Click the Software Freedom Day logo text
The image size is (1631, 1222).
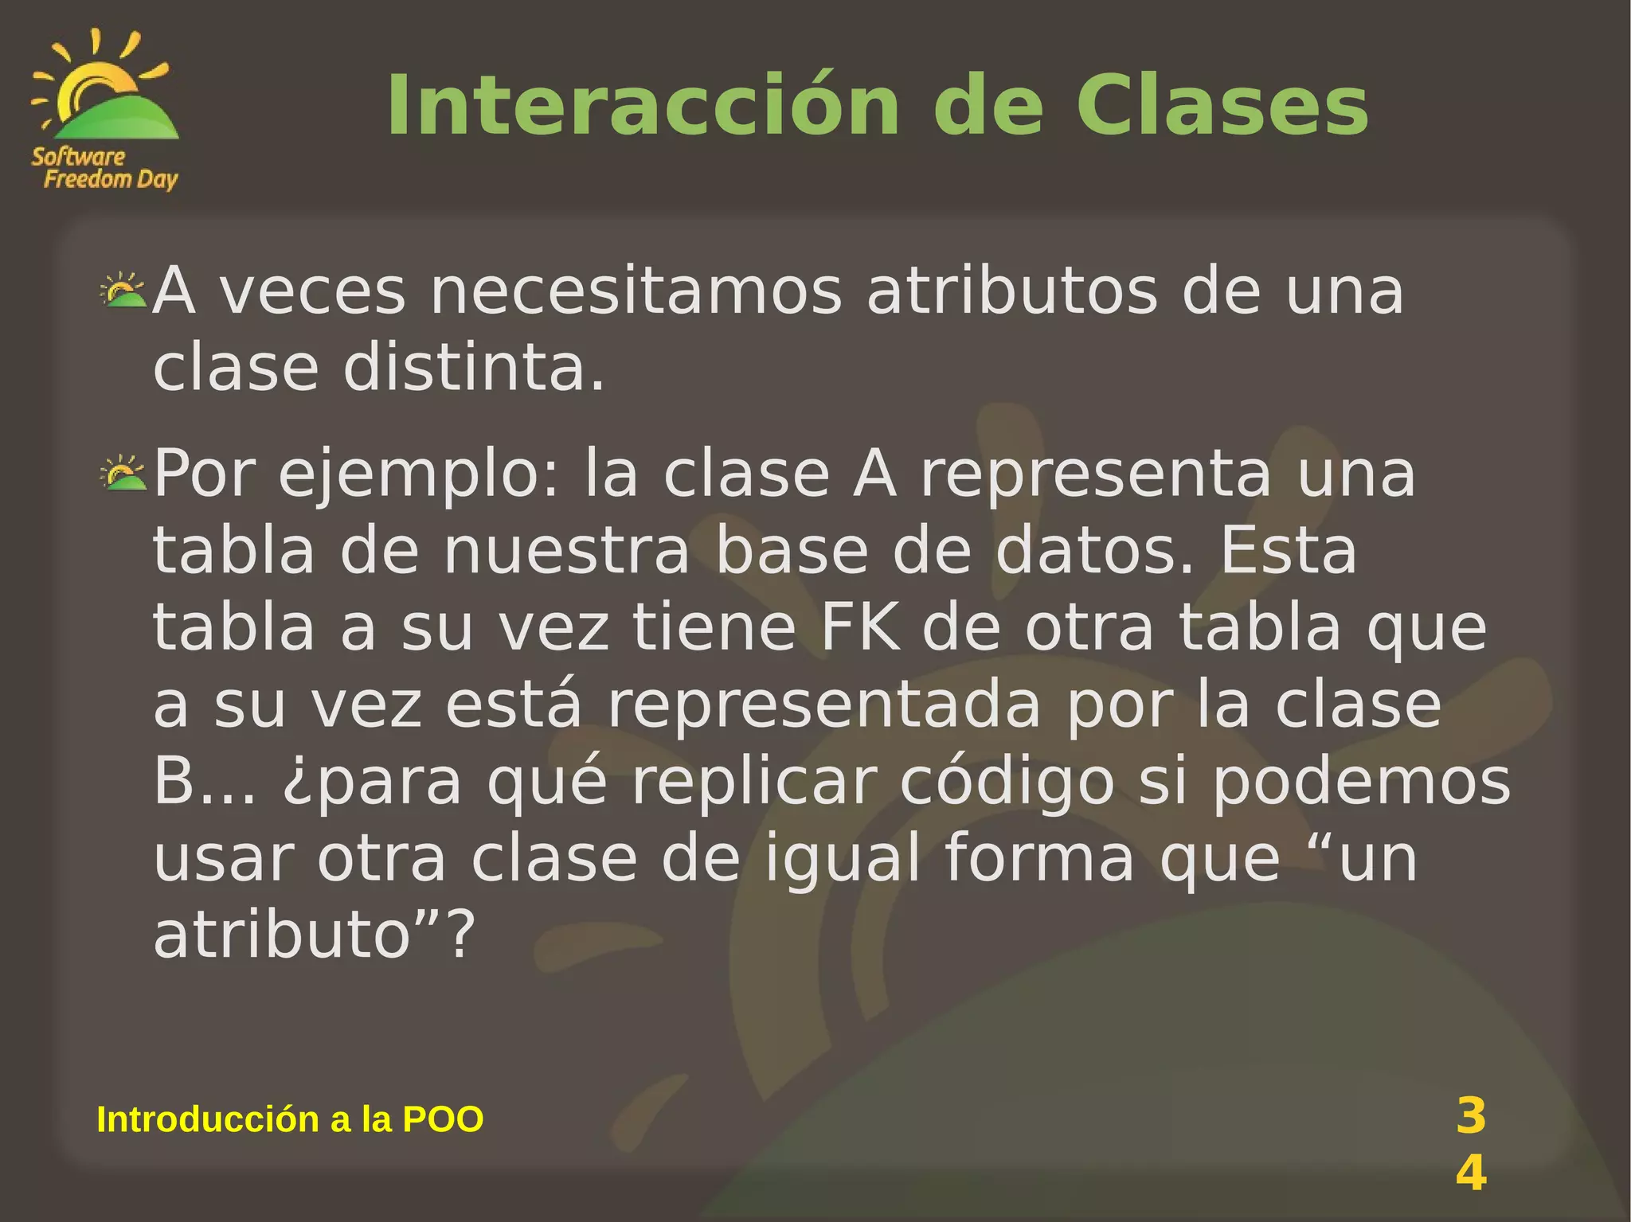(104, 168)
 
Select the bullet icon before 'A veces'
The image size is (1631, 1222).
(123, 291)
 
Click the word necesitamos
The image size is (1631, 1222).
(636, 291)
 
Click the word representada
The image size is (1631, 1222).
(823, 705)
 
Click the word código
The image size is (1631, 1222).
(1007, 783)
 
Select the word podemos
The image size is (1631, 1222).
(1361, 783)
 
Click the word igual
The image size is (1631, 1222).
(843, 860)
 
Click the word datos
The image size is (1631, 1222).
(1095, 551)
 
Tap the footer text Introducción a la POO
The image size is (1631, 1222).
(290, 1119)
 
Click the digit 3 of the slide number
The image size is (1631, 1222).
(1470, 1115)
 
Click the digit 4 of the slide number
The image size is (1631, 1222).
(1470, 1173)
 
